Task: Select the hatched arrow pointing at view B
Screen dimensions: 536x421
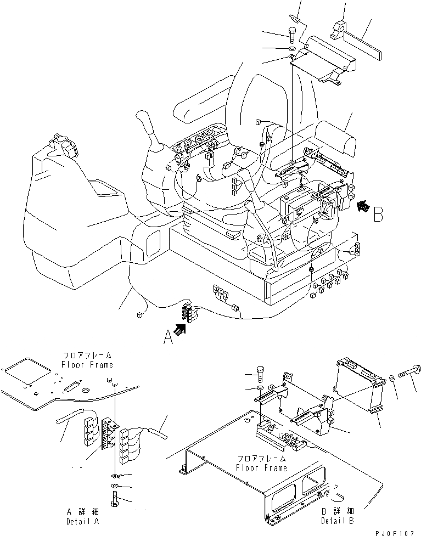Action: pyautogui.click(x=362, y=207)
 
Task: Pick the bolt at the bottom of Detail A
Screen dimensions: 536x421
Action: pyautogui.click(x=114, y=499)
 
